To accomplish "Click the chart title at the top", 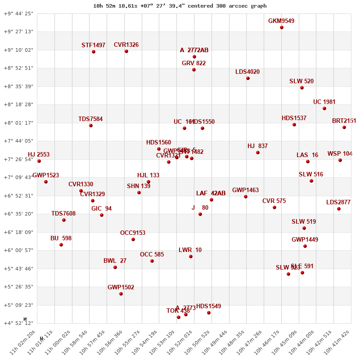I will pyautogui.click(x=180, y=6).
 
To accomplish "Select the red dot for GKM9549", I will pyautogui.click(x=282, y=27).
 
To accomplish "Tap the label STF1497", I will pyautogui.click(x=93, y=45).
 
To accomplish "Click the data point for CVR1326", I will pyautogui.click(x=126, y=51).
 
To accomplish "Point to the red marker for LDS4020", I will pyautogui.click(x=248, y=78).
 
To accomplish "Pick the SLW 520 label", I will pyautogui.click(x=301, y=81).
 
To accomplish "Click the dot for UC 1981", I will pyautogui.click(x=324, y=108).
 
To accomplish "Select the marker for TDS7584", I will pyautogui.click(x=91, y=126).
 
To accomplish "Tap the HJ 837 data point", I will pyautogui.click(x=258, y=153).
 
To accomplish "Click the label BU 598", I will pyautogui.click(x=61, y=238).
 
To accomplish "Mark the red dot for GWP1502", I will pyautogui.click(x=121, y=294).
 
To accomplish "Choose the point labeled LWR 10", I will pyautogui.click(x=191, y=256).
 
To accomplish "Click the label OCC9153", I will pyautogui.click(x=133, y=233).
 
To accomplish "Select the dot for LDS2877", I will pyautogui.click(x=339, y=209).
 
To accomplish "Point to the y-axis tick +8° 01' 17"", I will pyautogui.click(x=18, y=123).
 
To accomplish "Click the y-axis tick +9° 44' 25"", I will pyautogui.click(x=18, y=13).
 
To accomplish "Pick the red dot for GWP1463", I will pyautogui.click(x=246, y=197).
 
